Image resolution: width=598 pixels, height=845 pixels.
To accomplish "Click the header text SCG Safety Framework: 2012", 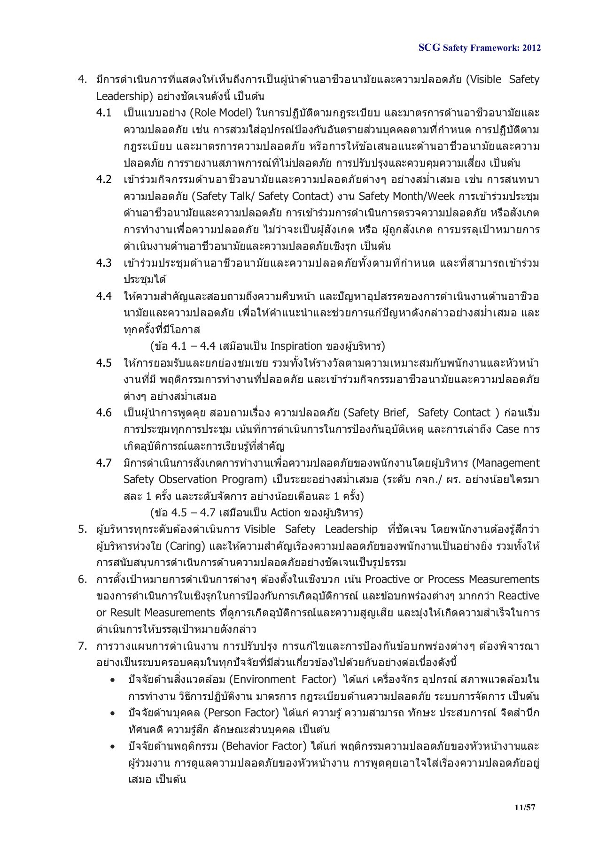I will pyautogui.click(x=479, y=48).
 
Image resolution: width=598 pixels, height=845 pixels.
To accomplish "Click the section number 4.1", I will pyautogui.click(x=104, y=113).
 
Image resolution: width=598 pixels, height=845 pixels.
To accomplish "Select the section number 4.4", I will pyautogui.click(x=104, y=296).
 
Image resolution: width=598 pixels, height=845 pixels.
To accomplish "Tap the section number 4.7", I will pyautogui.click(x=104, y=463).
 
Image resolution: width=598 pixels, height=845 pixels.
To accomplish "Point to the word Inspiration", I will pyautogui.click(x=296, y=346).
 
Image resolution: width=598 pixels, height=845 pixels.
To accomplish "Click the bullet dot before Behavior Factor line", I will pyautogui.click(x=113, y=746).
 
